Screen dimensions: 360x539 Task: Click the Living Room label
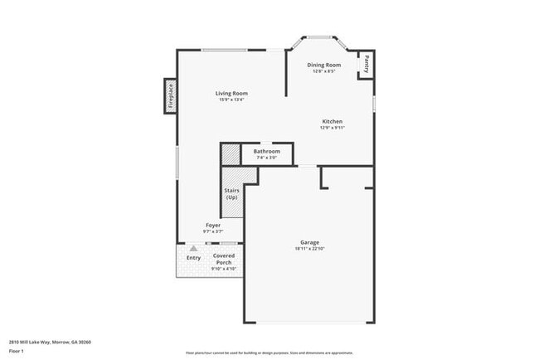(232, 94)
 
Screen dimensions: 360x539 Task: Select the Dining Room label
(324, 65)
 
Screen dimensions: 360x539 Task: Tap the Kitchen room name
(333, 121)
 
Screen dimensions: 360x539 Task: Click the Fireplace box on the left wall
(170, 95)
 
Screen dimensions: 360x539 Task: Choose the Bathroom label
(266, 152)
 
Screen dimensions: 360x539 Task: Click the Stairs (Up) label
(232, 194)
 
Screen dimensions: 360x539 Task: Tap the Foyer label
(213, 225)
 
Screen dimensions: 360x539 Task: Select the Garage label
(309, 243)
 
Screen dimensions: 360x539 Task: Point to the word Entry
(193, 258)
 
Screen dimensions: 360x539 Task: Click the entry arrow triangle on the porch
(193, 248)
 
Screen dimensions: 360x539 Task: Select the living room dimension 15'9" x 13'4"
(232, 100)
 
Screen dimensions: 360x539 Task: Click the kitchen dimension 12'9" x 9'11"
(333, 128)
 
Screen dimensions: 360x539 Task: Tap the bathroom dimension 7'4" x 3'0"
(266, 158)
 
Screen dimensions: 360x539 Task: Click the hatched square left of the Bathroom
(230, 154)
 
